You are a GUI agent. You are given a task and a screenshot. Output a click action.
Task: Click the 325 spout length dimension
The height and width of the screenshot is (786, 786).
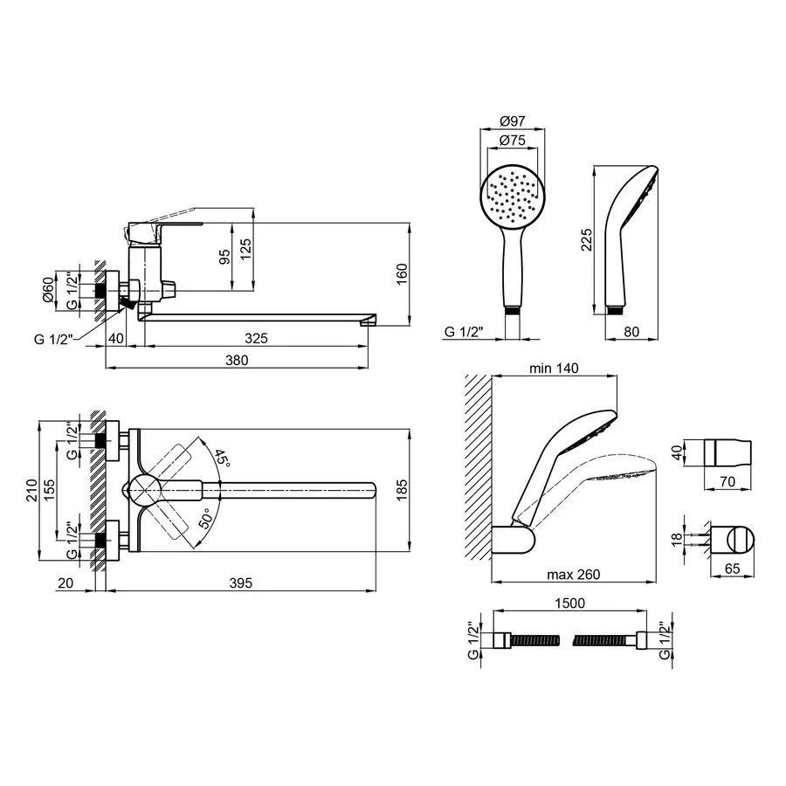click(256, 338)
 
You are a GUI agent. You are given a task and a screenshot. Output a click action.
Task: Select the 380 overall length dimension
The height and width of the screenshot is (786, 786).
click(237, 361)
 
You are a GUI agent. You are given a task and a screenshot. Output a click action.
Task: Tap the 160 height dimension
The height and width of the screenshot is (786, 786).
click(402, 273)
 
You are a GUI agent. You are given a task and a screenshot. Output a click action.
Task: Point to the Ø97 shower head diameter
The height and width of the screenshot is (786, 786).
click(513, 121)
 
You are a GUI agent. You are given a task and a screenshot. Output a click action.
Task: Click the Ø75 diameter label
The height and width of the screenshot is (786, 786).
click(513, 141)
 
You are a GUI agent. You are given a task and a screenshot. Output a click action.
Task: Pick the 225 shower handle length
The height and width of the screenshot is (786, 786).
click(586, 239)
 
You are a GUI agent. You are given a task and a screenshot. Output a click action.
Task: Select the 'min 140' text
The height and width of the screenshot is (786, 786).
click(554, 369)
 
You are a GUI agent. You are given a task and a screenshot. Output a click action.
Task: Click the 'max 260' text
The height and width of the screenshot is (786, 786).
click(574, 575)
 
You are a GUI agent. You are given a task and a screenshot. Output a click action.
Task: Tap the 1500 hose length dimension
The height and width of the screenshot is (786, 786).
click(570, 603)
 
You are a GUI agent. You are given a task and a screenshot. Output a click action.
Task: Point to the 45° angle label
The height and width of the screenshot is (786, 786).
click(222, 458)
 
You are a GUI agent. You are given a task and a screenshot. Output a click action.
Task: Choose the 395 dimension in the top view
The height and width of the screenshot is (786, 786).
click(241, 583)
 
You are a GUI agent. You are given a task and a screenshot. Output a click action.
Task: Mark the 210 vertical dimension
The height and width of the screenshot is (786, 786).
click(31, 490)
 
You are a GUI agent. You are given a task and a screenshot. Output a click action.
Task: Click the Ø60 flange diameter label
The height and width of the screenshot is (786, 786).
click(48, 290)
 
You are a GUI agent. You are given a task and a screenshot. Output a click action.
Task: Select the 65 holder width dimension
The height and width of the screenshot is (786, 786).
click(732, 569)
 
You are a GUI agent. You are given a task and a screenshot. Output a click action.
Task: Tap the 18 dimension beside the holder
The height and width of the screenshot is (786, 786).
click(677, 539)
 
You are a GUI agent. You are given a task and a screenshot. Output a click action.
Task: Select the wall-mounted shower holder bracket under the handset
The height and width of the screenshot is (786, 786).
click(514, 540)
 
